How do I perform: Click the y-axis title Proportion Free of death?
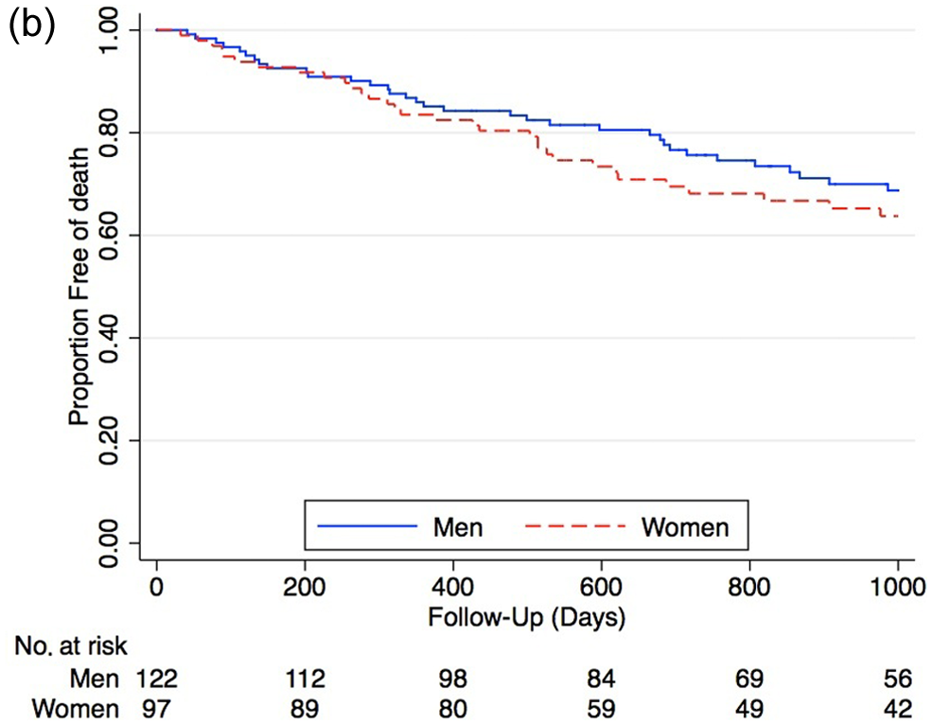tap(79, 287)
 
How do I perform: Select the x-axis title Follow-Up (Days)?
tap(527, 617)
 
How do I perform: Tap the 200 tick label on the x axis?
tap(305, 588)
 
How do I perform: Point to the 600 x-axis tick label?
tap(601, 588)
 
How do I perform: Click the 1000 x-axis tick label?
tap(898, 588)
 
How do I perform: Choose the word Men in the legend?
tap(458, 527)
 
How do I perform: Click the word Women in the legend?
tap(685, 527)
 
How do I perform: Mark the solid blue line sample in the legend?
tap(367, 526)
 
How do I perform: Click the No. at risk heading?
tap(71, 646)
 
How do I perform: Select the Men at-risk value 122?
tap(157, 679)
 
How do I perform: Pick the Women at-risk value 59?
tap(601, 709)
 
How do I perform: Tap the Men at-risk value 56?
tap(898, 679)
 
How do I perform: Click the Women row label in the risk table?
tap(76, 709)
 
